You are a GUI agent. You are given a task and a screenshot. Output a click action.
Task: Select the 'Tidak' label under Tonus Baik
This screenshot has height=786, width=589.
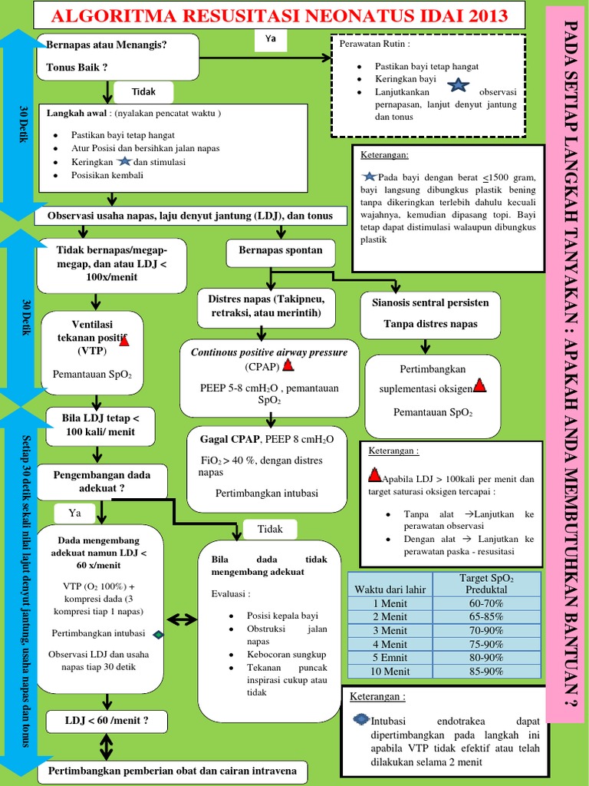(x=143, y=91)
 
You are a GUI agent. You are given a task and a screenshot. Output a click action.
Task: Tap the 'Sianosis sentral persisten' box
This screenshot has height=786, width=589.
(x=430, y=302)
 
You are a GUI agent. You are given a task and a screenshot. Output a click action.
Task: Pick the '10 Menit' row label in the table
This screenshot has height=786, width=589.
(x=390, y=672)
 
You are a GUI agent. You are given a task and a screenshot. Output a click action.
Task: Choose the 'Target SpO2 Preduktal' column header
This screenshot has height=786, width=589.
(x=486, y=583)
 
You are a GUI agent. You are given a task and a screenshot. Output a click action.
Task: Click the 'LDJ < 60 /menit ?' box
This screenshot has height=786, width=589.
(x=107, y=721)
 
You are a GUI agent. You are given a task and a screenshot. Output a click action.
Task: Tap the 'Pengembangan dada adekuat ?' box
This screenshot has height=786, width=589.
(x=101, y=481)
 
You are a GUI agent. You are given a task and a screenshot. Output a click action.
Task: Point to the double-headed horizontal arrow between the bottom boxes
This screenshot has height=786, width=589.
(x=181, y=619)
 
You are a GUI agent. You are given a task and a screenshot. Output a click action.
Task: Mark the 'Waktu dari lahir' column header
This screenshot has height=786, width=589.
(x=390, y=589)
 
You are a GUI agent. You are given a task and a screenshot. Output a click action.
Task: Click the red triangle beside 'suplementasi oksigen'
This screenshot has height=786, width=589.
(x=479, y=385)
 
